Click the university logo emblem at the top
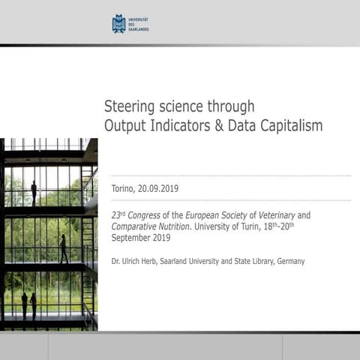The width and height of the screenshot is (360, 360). pyautogui.click(x=118, y=24)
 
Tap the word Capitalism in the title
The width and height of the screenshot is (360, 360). pyautogui.click(x=289, y=125)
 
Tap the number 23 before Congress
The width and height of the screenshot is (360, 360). pyautogui.click(x=116, y=215)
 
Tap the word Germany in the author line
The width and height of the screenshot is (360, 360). pyautogui.click(x=288, y=261)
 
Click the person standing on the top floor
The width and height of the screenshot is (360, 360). pyautogui.click(x=34, y=192)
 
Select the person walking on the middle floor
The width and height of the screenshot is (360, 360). pyautogui.click(x=64, y=249)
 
